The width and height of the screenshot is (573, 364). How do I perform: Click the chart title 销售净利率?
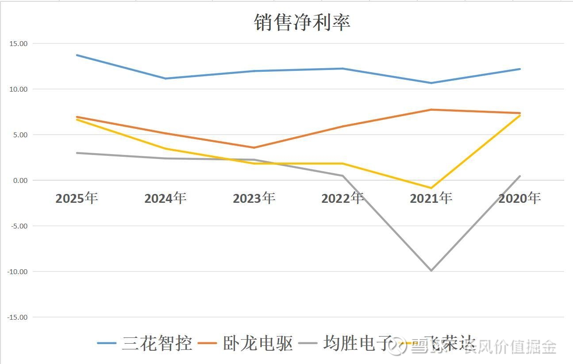tap(302, 22)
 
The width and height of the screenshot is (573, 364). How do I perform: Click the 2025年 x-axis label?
tap(77, 198)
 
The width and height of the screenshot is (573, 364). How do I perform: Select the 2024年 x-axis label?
tap(165, 198)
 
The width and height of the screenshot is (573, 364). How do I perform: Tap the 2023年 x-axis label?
tap(254, 198)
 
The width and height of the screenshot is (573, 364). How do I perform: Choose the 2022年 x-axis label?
tap(342, 198)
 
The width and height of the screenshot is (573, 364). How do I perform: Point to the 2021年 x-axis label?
tap(431, 198)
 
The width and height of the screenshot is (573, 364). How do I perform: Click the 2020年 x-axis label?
tap(519, 198)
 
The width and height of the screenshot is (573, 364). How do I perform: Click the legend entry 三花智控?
tap(157, 344)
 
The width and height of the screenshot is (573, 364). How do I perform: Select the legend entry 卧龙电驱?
tap(258, 344)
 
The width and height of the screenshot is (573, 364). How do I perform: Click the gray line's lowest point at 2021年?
tap(431, 271)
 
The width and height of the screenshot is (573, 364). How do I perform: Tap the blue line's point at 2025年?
tap(77, 55)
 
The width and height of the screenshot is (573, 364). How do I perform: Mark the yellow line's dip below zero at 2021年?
tap(431, 188)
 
